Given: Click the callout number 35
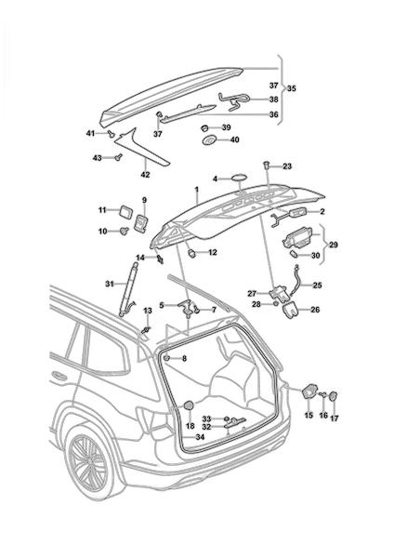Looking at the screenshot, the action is tap(291, 88).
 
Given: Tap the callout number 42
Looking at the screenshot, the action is tap(146, 175).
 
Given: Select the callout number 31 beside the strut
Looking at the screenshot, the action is tap(110, 284).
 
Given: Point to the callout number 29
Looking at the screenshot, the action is tap(334, 245).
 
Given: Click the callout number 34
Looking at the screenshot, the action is tap(200, 437).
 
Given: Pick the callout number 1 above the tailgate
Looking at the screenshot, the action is tap(196, 190).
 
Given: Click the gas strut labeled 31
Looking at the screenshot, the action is tap(128, 288).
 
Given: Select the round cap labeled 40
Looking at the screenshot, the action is tap(209, 139).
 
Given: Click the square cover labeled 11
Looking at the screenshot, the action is tap(125, 211).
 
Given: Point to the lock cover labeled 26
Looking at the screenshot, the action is tap(291, 308).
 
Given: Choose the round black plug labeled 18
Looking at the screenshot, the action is tap(189, 405).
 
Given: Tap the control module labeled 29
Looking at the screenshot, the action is tap(297, 238).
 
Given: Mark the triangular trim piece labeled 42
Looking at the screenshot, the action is tap(140, 149).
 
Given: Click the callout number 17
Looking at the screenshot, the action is tap(334, 418).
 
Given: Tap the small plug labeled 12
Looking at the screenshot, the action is tap(192, 253).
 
